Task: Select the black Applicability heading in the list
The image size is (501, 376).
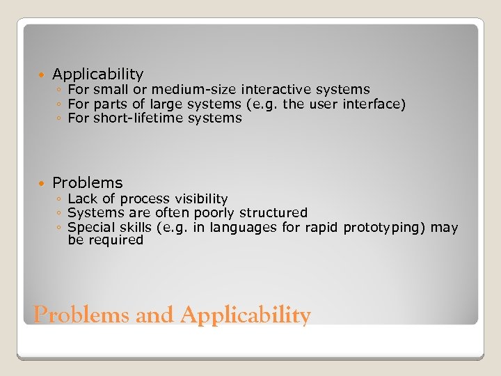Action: tap(97, 74)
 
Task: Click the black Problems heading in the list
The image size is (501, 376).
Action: tap(87, 182)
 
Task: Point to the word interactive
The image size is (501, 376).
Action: tap(276, 89)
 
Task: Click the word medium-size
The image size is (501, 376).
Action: tap(195, 89)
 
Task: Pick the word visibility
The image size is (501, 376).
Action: tap(201, 199)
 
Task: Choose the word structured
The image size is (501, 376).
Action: tap(273, 212)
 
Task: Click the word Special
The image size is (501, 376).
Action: tap(89, 227)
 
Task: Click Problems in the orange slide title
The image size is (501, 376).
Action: tap(82, 315)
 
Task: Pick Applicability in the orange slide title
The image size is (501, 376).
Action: tap(245, 315)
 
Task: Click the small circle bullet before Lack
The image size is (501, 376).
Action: tap(60, 200)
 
